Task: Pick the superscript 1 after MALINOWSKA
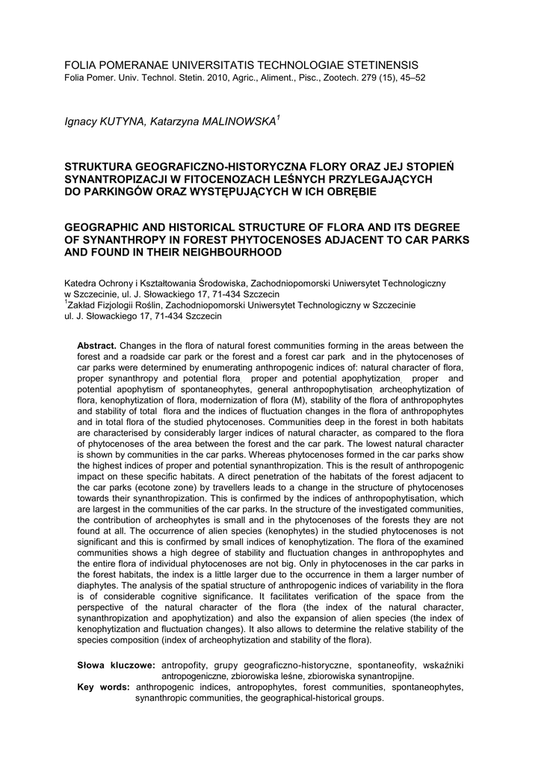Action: click(x=278, y=118)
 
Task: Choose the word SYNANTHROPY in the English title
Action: click(x=127, y=240)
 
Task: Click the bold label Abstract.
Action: click(x=97, y=346)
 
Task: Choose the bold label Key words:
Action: click(x=104, y=687)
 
